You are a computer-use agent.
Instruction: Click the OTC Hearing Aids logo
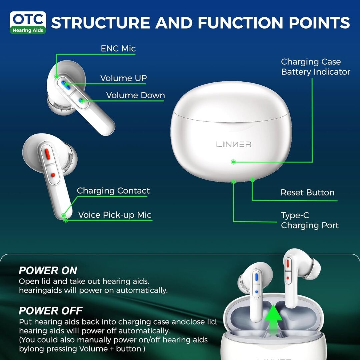tap(28, 23)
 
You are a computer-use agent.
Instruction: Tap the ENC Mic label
tap(118, 48)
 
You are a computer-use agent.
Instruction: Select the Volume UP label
tap(123, 78)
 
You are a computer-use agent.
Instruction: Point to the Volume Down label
tap(135, 95)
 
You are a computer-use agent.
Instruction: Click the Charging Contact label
tap(113, 191)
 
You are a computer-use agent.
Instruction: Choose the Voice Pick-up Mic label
tap(115, 215)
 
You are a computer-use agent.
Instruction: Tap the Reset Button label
tap(307, 192)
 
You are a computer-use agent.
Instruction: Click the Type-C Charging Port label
tap(309, 220)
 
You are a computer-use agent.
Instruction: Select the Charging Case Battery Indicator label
tap(315, 67)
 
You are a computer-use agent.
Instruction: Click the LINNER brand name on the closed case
tap(234, 144)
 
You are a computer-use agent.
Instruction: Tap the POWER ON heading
tap(48, 270)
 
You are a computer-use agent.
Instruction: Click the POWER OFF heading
tap(51, 311)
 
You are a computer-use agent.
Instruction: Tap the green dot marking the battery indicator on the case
tap(233, 162)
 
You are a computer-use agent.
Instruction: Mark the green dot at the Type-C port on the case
tap(233, 182)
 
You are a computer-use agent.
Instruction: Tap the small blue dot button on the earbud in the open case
tap(256, 291)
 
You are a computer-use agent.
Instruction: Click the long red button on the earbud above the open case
tap(287, 263)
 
